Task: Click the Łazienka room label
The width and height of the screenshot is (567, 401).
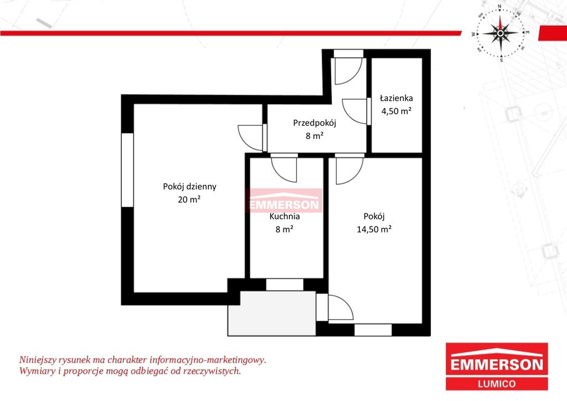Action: pyautogui.click(x=396, y=98)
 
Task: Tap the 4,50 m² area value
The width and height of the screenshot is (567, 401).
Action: pyautogui.click(x=396, y=111)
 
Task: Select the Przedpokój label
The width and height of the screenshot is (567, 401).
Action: pyautogui.click(x=315, y=123)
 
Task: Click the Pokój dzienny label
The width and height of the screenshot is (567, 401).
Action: pyautogui.click(x=189, y=187)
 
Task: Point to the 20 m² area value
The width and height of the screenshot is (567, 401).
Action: pyautogui.click(x=189, y=199)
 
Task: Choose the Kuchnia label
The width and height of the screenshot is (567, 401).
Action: pyautogui.click(x=285, y=216)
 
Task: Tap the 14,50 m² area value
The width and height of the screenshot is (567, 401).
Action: pyautogui.click(x=374, y=229)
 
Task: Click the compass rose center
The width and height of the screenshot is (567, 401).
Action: pyautogui.click(x=501, y=33)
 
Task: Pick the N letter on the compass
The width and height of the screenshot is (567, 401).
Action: pyautogui.click(x=499, y=6)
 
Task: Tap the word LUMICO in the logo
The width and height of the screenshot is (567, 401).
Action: pyautogui.click(x=497, y=384)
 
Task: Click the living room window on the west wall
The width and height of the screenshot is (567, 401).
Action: pyautogui.click(x=127, y=170)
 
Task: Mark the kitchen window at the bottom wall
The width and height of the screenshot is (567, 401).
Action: pyautogui.click(x=285, y=285)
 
